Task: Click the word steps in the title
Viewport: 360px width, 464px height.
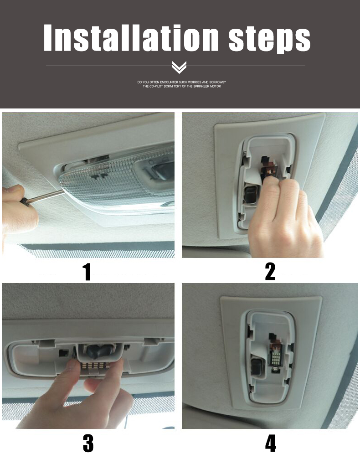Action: [269, 40]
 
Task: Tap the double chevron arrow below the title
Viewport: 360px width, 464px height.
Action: [179, 67]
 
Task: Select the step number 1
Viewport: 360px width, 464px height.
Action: [87, 271]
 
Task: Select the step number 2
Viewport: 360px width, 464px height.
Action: [270, 271]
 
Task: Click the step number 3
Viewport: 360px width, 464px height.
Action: [88, 443]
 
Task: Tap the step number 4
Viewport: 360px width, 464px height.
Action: [270, 443]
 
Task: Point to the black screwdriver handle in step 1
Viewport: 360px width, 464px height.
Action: [25, 201]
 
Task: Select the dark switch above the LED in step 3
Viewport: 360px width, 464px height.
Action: [99, 351]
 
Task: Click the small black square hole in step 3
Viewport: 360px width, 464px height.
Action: [63, 352]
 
